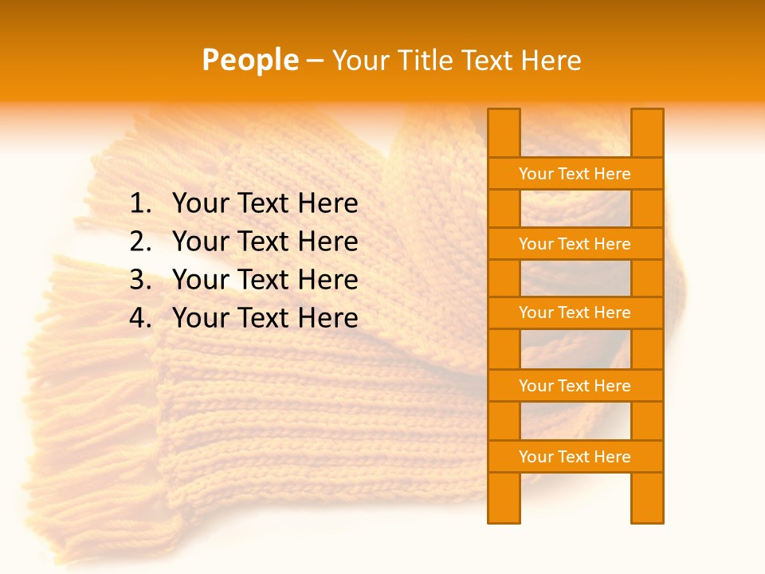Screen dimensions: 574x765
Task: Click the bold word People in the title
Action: coord(249,60)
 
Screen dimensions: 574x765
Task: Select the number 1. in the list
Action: coord(140,204)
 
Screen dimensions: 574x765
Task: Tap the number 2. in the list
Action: coord(140,242)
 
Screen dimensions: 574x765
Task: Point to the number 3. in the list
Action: coord(140,280)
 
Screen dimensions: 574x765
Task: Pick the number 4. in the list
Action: coord(140,318)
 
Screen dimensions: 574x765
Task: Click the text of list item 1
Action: coord(265,204)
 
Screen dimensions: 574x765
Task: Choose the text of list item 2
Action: coord(265,242)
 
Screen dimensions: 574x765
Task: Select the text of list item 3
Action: coord(265,280)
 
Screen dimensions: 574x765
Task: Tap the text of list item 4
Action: coord(265,318)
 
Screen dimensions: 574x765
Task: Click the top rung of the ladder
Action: coord(575,174)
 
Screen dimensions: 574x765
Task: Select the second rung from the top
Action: coord(575,244)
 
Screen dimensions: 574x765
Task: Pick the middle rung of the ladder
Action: coord(575,313)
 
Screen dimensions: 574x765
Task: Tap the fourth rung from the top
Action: coord(575,386)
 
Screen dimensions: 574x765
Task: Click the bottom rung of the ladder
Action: coord(575,457)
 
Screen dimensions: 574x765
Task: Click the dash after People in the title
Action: coord(315,61)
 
